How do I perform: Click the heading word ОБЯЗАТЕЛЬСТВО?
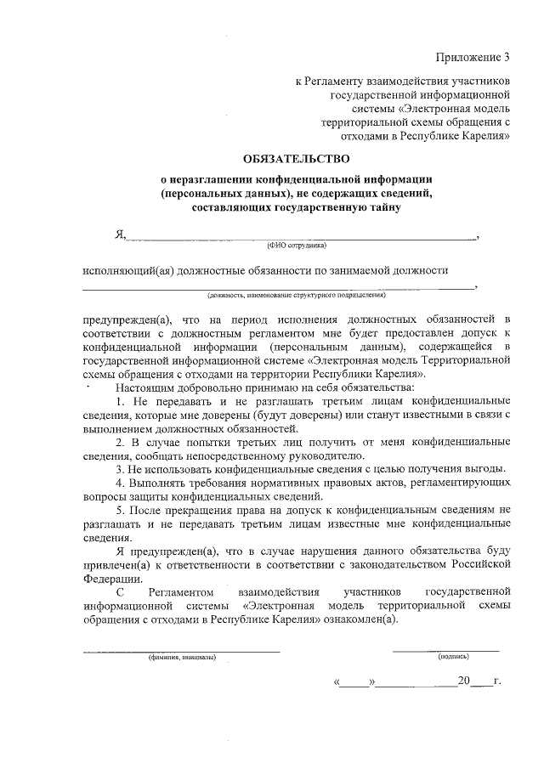coord(296,157)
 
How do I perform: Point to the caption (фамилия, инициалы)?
coord(181,657)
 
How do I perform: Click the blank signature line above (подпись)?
coord(445,649)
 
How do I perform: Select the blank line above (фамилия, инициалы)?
coord(181,650)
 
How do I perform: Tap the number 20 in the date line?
coord(463,681)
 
